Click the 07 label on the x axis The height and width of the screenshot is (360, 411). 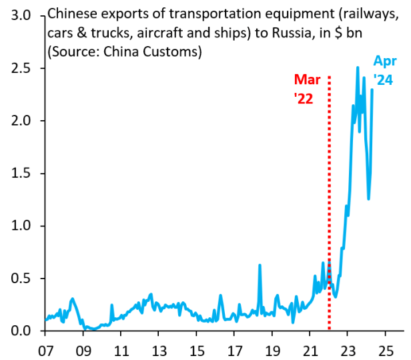pos(45,349)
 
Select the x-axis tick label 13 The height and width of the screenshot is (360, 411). pos(159,349)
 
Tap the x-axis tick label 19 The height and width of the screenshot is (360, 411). pos(272,349)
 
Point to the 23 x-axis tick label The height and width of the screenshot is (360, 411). pos(348,349)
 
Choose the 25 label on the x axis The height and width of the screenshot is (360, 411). pos(386,349)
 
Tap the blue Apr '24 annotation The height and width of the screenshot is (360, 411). pos(384,71)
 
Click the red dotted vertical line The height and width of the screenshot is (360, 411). pos(330,200)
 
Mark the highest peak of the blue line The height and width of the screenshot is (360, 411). pos(358,67)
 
